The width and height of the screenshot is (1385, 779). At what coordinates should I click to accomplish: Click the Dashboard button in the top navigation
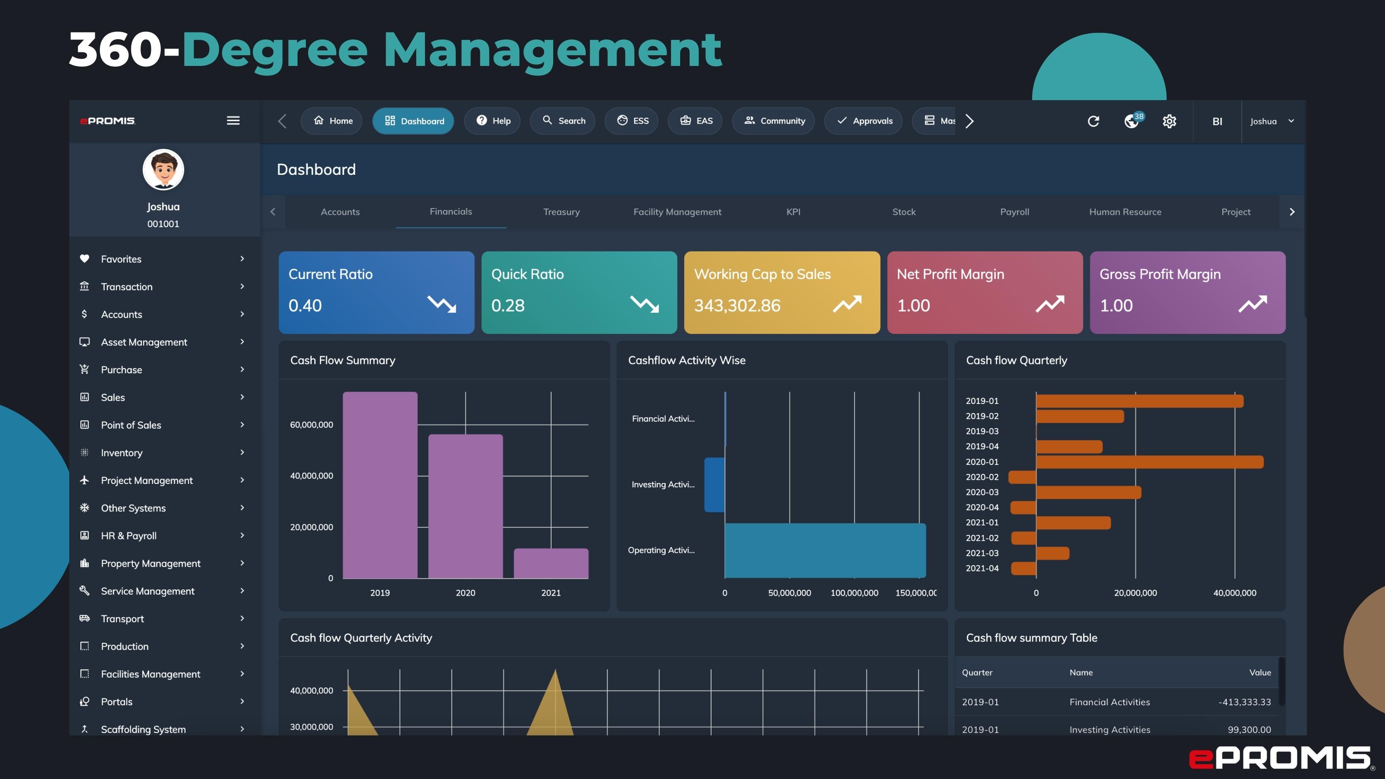pyautogui.click(x=413, y=121)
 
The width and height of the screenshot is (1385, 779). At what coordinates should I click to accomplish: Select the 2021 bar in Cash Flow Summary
pyautogui.click(x=551, y=563)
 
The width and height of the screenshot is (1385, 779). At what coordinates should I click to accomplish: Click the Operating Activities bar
pyautogui.click(x=824, y=550)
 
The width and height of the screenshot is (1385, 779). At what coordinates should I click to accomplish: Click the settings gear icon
pyautogui.click(x=1169, y=121)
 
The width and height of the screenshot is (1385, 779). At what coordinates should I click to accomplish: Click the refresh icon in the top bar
pyautogui.click(x=1093, y=121)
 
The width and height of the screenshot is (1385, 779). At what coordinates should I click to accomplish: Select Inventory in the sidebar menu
pyautogui.click(x=122, y=453)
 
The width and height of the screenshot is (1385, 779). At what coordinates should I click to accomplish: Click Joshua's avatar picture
pyautogui.click(x=163, y=169)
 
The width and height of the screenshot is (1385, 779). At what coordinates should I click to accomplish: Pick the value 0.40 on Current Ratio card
pyautogui.click(x=305, y=305)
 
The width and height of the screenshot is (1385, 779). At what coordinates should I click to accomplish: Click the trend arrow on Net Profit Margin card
pyautogui.click(x=1049, y=304)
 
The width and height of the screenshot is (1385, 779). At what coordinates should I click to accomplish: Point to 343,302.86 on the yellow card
pyautogui.click(x=737, y=305)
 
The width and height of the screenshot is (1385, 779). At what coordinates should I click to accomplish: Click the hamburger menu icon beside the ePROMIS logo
pyautogui.click(x=233, y=120)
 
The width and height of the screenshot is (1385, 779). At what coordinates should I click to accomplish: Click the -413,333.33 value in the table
pyautogui.click(x=1244, y=702)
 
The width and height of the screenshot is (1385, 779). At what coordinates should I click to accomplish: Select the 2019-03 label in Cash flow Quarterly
pyautogui.click(x=982, y=431)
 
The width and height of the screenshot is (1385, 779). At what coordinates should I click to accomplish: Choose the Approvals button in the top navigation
pyautogui.click(x=864, y=121)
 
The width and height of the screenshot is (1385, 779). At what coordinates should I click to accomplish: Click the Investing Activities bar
pyautogui.click(x=714, y=484)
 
